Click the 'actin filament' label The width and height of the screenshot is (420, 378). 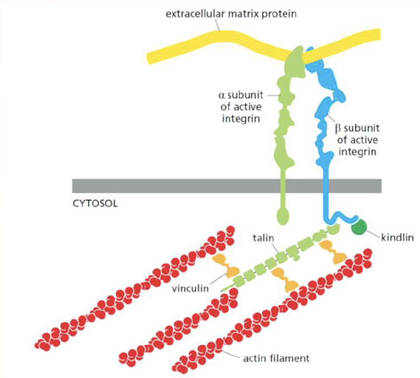(276, 357)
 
